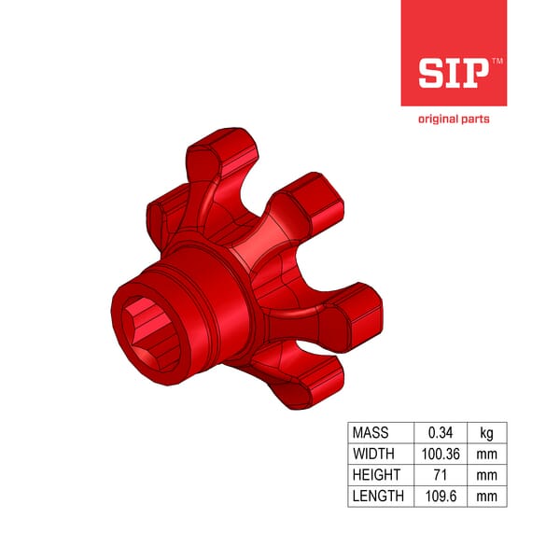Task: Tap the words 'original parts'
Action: click(x=454, y=119)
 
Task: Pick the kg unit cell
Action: click(x=487, y=433)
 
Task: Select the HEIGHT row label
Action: click(x=375, y=475)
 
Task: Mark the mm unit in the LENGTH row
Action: click(x=487, y=497)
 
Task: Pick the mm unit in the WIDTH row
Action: click(x=487, y=455)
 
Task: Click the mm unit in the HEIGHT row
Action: click(x=487, y=475)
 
